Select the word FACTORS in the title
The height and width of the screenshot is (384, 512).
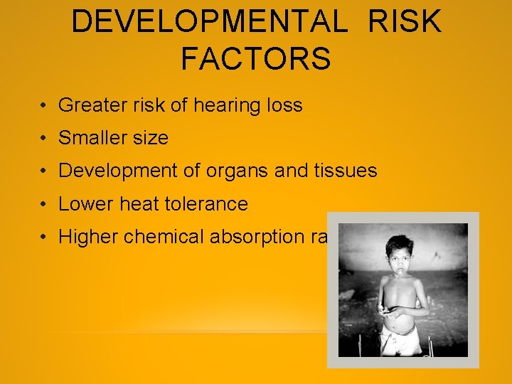[256, 59]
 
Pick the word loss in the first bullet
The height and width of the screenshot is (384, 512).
[284, 106]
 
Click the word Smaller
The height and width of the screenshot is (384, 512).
[92, 138]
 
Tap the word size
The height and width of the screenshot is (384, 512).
[149, 138]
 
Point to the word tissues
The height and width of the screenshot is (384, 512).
[343, 171]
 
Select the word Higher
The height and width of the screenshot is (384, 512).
[88, 237]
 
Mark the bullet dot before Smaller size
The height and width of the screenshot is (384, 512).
[44, 139]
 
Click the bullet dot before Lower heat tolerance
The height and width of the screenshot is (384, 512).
[44, 205]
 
